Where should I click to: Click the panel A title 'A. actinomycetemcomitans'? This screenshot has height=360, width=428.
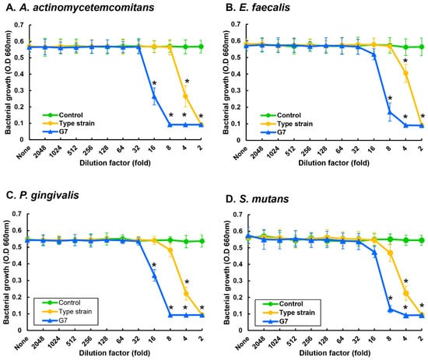[x=79, y=8]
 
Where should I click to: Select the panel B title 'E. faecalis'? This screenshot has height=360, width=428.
[x=258, y=8]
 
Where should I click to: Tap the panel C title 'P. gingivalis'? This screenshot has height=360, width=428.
[x=42, y=195]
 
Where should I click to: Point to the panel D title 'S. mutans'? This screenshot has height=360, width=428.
[x=257, y=199]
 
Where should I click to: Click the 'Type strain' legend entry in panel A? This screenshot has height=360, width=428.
[x=77, y=124]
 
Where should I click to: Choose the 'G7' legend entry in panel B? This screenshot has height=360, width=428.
[x=282, y=132]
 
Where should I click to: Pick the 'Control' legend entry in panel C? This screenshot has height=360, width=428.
[x=69, y=302]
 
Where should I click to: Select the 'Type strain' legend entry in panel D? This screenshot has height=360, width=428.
[x=297, y=313]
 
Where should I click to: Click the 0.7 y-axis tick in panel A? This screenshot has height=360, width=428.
[x=19, y=25]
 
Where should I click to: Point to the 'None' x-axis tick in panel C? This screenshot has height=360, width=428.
[x=22, y=343]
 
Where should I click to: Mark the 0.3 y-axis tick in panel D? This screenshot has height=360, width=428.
[x=238, y=281]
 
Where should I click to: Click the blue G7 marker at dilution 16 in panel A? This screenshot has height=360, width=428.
[x=154, y=96]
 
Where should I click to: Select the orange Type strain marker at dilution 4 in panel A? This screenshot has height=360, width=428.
[x=186, y=96]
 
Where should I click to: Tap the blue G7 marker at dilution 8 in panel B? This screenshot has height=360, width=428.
[x=390, y=112]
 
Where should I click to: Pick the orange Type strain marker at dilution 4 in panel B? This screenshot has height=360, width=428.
[x=405, y=73]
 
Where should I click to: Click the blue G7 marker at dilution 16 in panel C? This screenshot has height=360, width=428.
[x=155, y=276]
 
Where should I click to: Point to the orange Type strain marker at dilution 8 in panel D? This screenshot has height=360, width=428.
[x=391, y=253]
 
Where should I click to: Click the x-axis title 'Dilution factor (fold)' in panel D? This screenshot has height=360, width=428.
[x=335, y=353]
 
